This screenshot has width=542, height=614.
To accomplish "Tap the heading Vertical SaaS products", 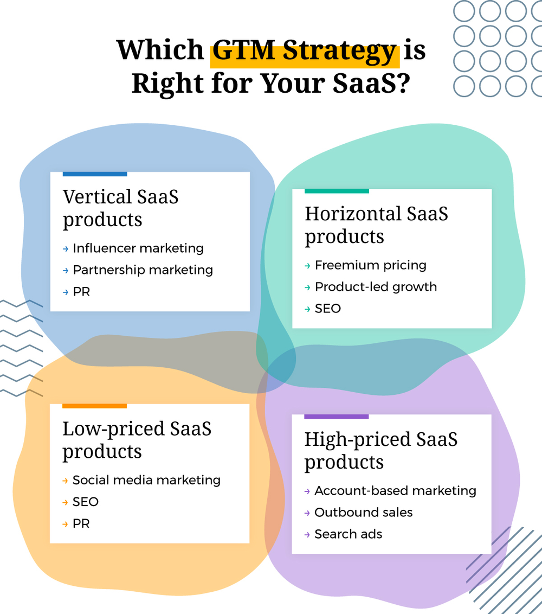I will tap(120, 208).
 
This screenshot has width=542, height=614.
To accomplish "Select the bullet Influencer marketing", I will tap(138, 248).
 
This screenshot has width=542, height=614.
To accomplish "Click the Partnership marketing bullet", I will tap(143, 270).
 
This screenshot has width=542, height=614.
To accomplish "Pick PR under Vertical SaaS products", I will tap(81, 292).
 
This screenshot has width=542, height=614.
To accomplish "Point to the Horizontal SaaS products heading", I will tap(376, 225).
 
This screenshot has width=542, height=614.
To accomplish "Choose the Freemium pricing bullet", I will tap(370, 265).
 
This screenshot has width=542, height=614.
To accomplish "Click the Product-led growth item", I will tap(376, 287).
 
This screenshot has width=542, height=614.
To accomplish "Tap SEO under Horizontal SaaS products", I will tap(328, 309).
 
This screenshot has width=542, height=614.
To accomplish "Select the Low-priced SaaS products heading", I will tap(137, 439).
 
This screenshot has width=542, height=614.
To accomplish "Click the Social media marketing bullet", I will tap(146, 480).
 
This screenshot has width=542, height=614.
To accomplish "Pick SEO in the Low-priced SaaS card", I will tap(86, 502).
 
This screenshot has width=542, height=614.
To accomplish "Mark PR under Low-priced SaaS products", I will tap(81, 523).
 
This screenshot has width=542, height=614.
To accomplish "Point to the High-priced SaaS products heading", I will tap(380, 450).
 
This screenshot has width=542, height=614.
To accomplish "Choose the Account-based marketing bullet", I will tap(395, 491).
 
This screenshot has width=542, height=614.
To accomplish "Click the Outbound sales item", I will tap(363, 513).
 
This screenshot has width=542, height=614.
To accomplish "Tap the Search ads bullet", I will tap(348, 534).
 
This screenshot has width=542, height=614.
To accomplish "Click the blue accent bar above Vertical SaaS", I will tap(95, 174).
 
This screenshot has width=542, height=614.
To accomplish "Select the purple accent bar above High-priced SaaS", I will tap(336, 417).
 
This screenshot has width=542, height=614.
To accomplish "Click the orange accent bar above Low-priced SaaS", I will tap(94, 406).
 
